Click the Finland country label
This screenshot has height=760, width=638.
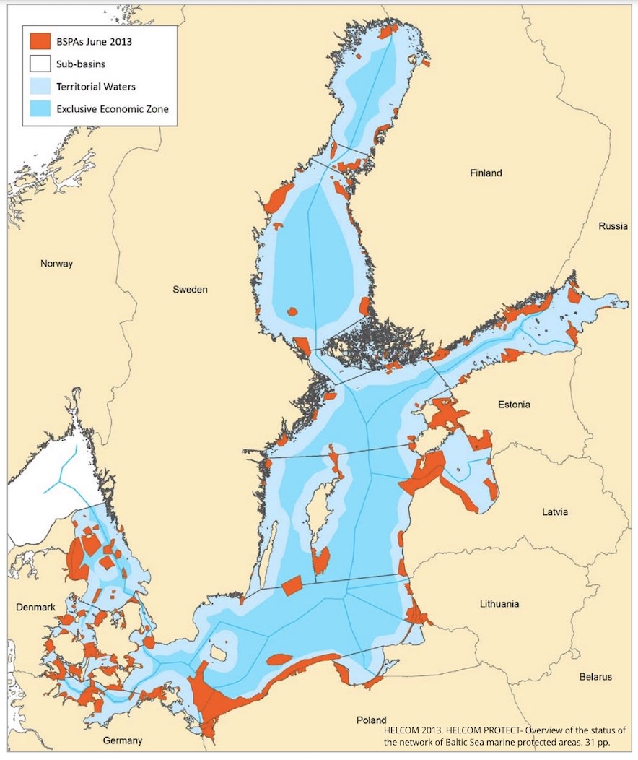[x=486, y=173]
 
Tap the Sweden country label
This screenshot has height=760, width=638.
[x=190, y=290]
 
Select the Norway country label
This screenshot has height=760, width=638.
[x=56, y=264]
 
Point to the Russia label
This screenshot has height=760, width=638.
[x=613, y=226]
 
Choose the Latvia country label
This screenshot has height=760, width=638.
[x=555, y=512]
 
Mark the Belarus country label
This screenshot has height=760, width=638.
[x=595, y=677]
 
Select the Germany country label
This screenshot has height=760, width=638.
[x=122, y=740]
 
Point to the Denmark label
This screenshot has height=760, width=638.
[x=36, y=608]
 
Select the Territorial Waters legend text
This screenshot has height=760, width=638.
[x=95, y=87]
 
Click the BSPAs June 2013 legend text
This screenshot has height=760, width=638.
[x=94, y=41]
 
